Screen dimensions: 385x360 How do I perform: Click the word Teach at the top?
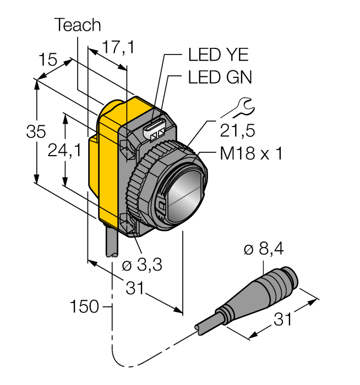click(x=78, y=25)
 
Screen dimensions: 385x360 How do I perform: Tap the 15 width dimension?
click(x=48, y=59)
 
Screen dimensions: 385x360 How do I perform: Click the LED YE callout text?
click(x=219, y=55)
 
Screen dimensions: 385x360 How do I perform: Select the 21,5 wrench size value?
click(x=238, y=130)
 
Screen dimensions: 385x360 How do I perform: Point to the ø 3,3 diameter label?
click(x=141, y=265)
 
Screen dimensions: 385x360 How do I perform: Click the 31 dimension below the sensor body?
click(x=135, y=287)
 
